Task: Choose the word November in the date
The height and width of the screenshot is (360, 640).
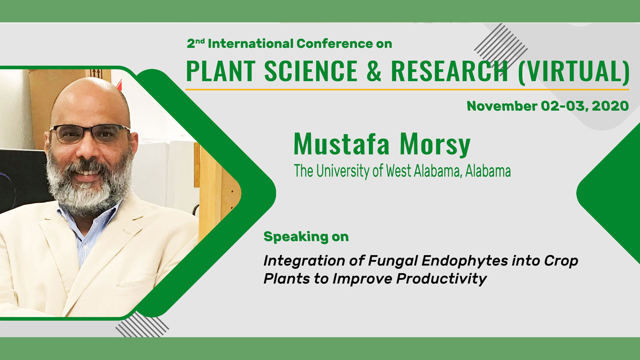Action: coord(502,106)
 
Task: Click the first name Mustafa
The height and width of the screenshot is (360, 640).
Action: coord(342,144)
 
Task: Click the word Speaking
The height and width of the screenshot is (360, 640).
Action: coord(296,237)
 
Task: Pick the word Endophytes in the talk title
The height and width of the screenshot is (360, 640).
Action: coord(464,261)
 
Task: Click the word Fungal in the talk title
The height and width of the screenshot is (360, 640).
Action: coord(392,261)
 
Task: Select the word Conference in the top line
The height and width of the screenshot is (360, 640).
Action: coord(334,44)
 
